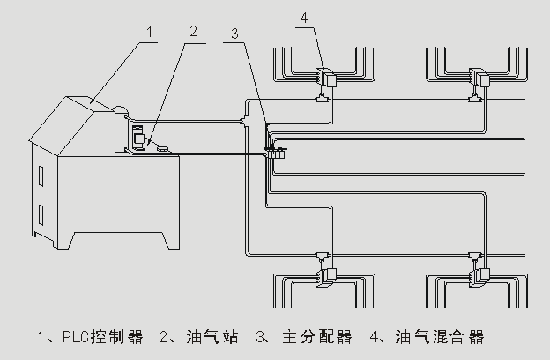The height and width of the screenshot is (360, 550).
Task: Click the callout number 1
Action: tap(150, 32)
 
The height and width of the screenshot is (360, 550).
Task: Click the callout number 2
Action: tap(193, 31)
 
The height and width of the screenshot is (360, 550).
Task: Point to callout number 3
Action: tap(235, 34)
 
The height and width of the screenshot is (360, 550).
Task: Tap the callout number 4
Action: tap(304, 17)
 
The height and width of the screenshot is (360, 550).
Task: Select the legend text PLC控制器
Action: tap(103, 337)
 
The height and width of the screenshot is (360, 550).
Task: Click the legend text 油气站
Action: tap(212, 337)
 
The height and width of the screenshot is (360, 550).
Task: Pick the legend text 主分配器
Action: tap(317, 337)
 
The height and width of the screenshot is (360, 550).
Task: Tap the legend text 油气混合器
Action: tap(440, 337)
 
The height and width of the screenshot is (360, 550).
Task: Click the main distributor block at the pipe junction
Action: tap(275, 153)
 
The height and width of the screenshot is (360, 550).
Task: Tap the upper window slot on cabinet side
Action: tap(41, 176)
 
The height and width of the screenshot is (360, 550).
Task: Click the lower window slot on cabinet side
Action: tap(41, 215)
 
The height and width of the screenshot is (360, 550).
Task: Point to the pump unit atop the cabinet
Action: tap(138, 138)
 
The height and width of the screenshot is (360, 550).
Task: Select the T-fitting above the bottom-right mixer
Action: tap(476, 254)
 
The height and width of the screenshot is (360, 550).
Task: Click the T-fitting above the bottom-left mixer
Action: tap(323, 255)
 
